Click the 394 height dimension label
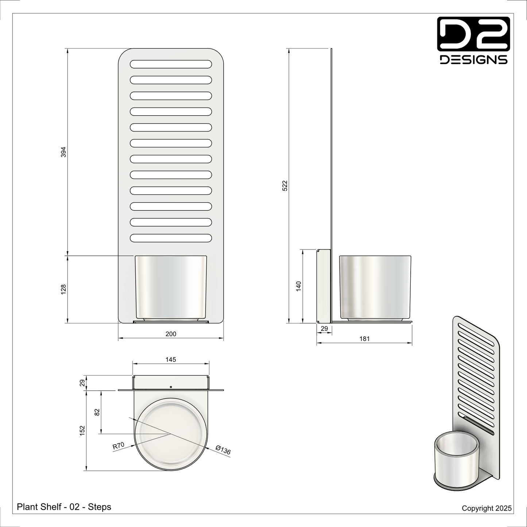(63, 152)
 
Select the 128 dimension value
(63, 289)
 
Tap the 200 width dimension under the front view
(171, 334)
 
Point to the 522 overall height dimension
(285, 185)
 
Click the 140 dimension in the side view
(298, 286)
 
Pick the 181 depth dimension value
(364, 339)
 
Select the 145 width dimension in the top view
(171, 360)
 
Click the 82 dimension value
(97, 412)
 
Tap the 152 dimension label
(82, 430)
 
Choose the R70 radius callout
(118, 446)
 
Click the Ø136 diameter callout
(223, 450)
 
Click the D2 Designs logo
(473, 40)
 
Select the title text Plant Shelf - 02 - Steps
(64, 507)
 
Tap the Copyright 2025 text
(487, 508)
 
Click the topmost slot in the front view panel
(171, 64)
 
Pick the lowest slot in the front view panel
(171, 238)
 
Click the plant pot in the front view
(171, 287)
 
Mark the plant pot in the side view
(375, 287)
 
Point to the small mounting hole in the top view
(171, 386)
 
